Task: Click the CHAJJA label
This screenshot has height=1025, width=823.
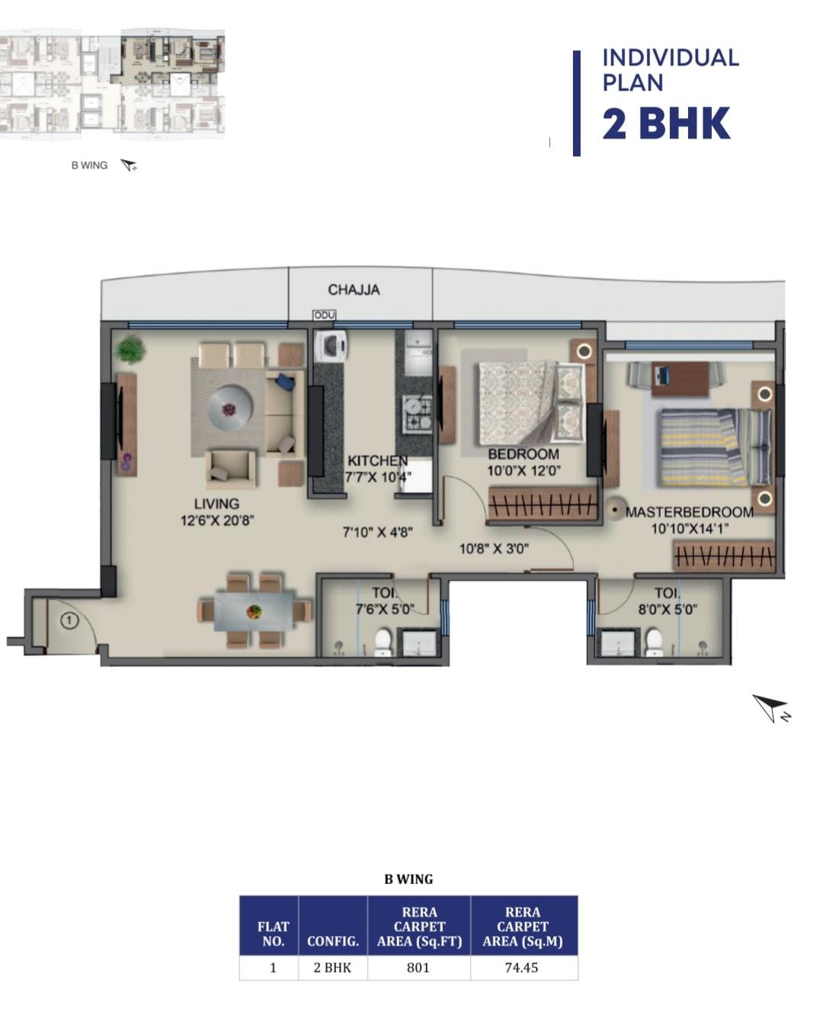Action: [x=354, y=290]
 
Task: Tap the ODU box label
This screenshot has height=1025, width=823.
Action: [x=325, y=315]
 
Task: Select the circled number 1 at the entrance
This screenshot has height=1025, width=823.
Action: [x=69, y=620]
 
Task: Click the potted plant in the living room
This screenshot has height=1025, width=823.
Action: [x=130, y=349]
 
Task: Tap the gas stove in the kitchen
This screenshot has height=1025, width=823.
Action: [x=418, y=412]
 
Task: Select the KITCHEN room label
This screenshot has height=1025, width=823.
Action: [x=377, y=460]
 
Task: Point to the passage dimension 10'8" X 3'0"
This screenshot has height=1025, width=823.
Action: [x=494, y=549]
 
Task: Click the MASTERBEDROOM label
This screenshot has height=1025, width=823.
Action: [x=689, y=512]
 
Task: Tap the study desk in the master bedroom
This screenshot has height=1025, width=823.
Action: [x=680, y=378]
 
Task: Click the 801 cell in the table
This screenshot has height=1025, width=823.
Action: [x=418, y=967]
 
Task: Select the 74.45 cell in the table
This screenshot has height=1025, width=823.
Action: [x=521, y=967]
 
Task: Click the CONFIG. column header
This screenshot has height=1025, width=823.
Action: [x=333, y=941]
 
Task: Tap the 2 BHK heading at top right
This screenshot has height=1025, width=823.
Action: [x=666, y=123]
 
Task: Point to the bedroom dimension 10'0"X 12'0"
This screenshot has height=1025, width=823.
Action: [x=524, y=471]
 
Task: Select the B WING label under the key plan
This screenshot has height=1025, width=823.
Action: [x=90, y=165]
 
